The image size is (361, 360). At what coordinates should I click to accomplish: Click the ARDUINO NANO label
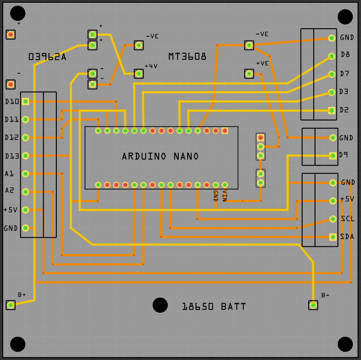160,156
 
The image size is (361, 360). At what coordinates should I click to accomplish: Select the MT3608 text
187,57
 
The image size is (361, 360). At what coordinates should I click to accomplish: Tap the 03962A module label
47,57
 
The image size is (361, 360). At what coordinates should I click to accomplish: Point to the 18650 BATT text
214,307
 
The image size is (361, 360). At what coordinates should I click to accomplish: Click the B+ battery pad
11,305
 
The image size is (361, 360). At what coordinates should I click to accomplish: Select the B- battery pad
313,305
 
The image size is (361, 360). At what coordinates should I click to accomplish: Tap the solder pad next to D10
25,101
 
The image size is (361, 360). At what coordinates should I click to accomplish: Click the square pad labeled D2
332,110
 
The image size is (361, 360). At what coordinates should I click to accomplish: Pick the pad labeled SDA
332,237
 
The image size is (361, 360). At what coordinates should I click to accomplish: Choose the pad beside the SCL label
332,219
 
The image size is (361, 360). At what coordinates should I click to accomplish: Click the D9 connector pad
333,155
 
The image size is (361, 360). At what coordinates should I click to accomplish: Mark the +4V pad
139,74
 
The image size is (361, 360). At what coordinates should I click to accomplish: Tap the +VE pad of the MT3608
249,74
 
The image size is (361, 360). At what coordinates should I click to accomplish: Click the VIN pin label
225,196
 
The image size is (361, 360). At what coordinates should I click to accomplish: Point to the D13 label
12,156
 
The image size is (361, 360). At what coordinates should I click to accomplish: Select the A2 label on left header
10,190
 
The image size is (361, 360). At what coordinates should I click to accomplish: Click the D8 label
345,55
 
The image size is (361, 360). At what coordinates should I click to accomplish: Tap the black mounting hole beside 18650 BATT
160,305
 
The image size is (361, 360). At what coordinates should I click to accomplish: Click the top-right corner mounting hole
345,17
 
